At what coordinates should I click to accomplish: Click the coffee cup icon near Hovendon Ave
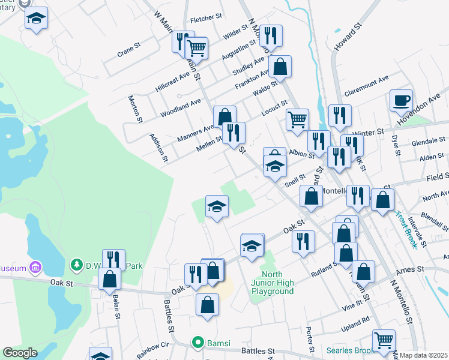click(x=401, y=100)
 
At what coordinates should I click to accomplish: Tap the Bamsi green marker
click(x=197, y=342)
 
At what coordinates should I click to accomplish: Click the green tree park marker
click(x=76, y=264)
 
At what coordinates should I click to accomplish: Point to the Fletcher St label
click(x=206, y=20)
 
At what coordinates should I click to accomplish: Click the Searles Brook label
click(x=351, y=350)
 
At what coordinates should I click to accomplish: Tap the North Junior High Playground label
click(x=273, y=283)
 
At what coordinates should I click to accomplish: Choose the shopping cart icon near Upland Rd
click(x=384, y=340)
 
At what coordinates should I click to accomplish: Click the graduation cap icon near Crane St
click(x=37, y=18)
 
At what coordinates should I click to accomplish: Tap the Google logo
click(x=20, y=353)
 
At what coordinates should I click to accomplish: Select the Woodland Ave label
click(x=181, y=109)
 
